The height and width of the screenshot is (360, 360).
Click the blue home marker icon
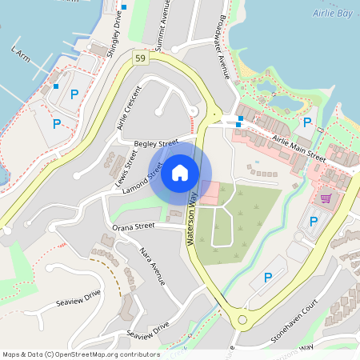tap(180, 172)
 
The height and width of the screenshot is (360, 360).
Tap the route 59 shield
tap(141, 58)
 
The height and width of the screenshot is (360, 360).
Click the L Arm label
tap(20, 53)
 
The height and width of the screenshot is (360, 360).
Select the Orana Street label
tap(133, 226)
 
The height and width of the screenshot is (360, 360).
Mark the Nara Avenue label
tap(152, 266)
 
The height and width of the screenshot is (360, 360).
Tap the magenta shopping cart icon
tap(326, 198)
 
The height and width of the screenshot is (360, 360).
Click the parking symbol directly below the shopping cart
tap(314, 221)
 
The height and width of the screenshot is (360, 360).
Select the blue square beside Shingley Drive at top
tap(124, 7)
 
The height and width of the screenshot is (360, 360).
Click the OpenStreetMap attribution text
tap(81, 354)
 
